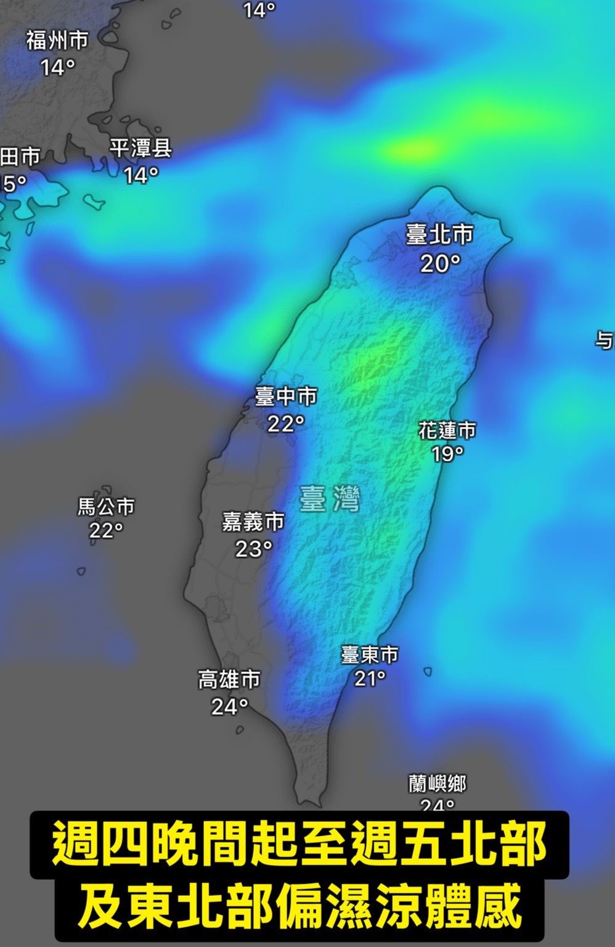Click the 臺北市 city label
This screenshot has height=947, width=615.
[439, 234]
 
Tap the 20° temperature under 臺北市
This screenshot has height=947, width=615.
[440, 264]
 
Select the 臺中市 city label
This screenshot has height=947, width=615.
[286, 396]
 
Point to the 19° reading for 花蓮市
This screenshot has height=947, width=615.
[447, 454]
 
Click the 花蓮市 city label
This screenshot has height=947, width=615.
[447, 430]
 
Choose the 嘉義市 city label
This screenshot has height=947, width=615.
[253, 522]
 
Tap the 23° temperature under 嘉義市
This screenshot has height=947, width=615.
[253, 548]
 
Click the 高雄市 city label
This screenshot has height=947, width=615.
[229, 679]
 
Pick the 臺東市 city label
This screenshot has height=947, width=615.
[370, 654]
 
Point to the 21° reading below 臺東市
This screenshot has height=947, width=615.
[370, 679]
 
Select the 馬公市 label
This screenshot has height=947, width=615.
[106, 507]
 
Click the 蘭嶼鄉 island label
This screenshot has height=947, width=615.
[438, 784]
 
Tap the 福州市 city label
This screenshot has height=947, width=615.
[57, 41]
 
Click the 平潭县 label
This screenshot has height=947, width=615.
[141, 149]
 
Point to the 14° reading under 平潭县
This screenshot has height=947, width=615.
[141, 176]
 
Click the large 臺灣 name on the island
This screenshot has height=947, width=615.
[329, 499]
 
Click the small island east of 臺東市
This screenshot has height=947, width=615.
[427, 671]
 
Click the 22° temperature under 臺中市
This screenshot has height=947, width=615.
[286, 424]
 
